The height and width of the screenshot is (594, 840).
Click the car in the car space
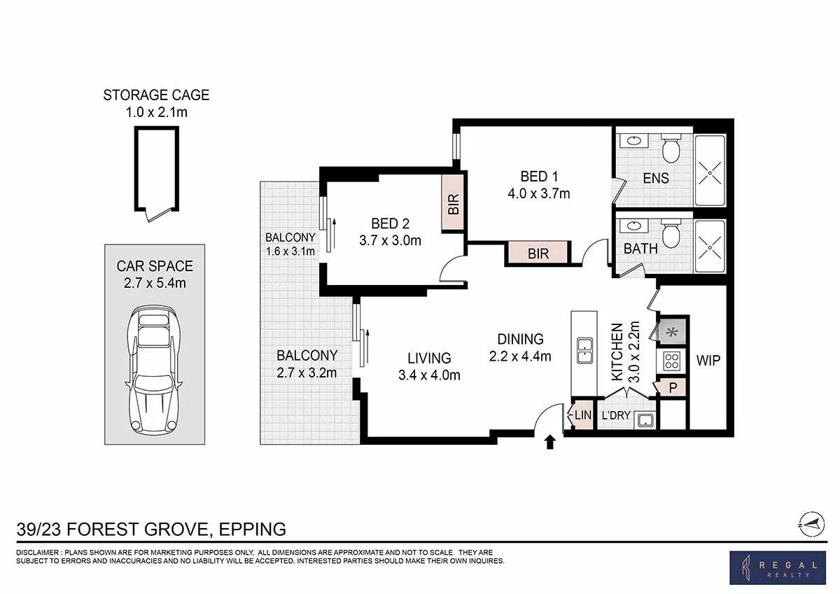coord(155,370)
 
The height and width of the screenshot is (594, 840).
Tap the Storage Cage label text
coord(156,95)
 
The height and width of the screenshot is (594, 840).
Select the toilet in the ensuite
coord(671,148)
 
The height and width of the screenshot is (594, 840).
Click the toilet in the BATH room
coord(671,234)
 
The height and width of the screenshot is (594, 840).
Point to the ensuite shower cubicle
coord(710,170)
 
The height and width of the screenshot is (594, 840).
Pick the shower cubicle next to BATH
coord(710,247)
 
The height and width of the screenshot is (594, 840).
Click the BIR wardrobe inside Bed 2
coord(454,203)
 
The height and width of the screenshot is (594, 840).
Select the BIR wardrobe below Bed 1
coord(538,254)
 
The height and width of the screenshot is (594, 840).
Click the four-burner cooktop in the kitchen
coord(672,361)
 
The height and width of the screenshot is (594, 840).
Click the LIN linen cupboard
coord(582,415)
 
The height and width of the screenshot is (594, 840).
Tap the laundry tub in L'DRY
coord(646,420)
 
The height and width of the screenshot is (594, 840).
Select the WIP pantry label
coord(708,361)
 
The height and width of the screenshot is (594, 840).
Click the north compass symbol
coord(812,522)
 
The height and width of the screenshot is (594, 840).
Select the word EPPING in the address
coord(252,529)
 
